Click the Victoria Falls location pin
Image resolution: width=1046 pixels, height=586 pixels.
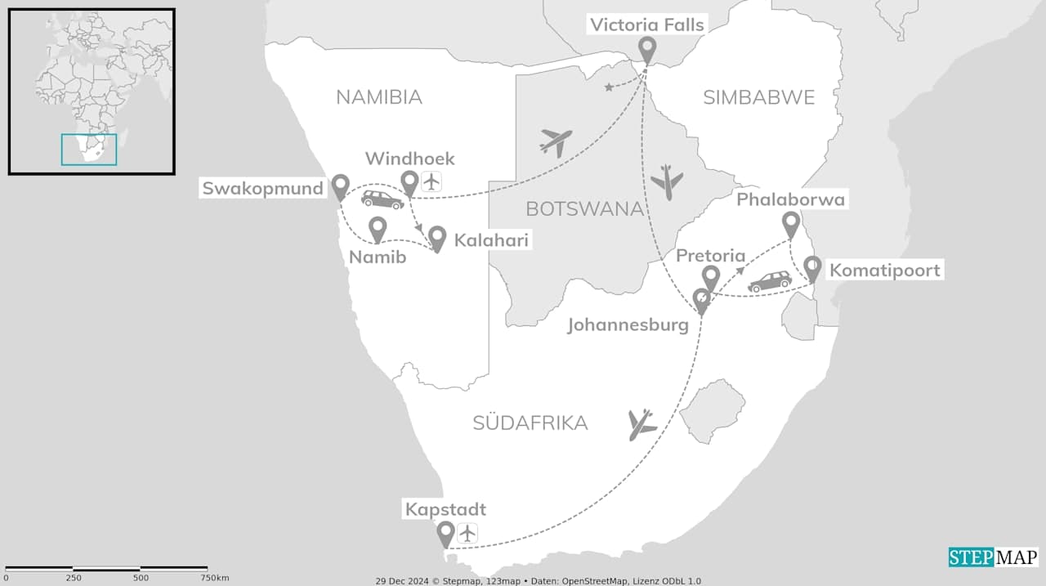pos(647,49)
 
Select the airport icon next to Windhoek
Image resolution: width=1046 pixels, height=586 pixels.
pos(431,181)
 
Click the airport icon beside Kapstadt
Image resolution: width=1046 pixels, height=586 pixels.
pos(467,534)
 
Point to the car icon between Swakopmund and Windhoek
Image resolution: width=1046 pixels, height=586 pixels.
pos(382,199)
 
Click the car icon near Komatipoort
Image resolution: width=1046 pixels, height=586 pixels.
pos(770,282)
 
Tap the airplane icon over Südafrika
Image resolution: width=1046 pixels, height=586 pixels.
pos(642,424)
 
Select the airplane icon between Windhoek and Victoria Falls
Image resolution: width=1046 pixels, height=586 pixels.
pos(556,142)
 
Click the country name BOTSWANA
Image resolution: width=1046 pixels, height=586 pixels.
pos(584,208)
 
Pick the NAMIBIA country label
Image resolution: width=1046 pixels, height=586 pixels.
pos(379,97)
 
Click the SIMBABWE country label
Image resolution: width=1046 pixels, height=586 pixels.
pos(759,98)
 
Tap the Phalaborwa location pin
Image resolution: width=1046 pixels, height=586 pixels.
pos(790,224)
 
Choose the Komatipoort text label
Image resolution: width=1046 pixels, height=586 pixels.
pos(885,270)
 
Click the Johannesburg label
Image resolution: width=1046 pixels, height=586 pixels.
pos(628,325)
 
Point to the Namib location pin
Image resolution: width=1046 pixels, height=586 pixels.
pos(377,229)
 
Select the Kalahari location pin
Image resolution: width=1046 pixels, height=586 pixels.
pos(437,238)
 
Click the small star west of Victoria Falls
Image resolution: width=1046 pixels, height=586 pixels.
pos(609,87)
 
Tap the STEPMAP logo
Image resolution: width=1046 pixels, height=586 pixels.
pos(993,557)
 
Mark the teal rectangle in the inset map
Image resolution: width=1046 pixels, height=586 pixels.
pos(89,150)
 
